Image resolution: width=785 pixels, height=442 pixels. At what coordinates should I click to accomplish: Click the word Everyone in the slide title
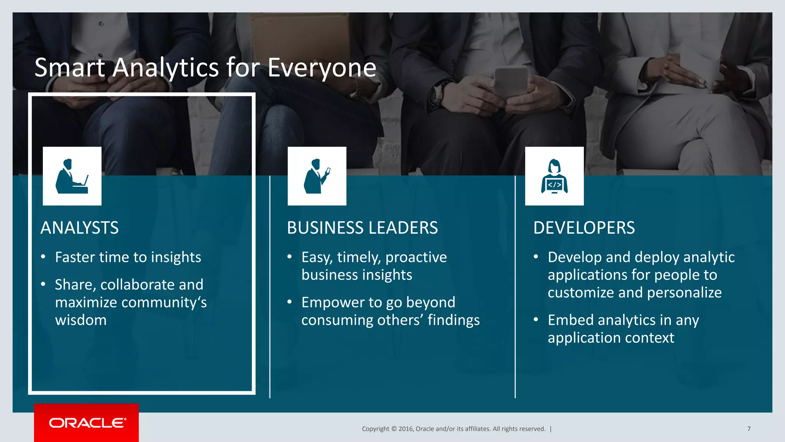(322, 68)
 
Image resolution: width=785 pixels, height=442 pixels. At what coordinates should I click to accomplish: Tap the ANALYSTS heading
(80, 228)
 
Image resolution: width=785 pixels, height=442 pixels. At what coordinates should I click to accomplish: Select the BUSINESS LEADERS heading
(362, 228)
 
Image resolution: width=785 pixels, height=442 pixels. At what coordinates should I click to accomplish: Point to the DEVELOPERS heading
(584, 228)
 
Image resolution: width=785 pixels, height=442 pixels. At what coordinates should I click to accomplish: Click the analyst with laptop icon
(72, 176)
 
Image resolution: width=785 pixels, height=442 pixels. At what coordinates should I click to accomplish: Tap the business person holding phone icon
(317, 176)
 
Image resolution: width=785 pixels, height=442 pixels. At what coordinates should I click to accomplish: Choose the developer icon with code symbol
(554, 176)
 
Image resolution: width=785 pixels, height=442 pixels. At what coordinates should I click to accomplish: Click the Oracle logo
(87, 423)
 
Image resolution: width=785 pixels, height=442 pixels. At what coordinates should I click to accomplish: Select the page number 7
(749, 429)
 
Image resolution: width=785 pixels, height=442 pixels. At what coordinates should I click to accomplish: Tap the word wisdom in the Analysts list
(81, 320)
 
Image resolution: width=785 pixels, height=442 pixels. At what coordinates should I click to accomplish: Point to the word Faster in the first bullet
(75, 257)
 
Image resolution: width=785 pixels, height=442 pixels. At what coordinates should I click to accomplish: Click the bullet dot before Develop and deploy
(536, 257)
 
